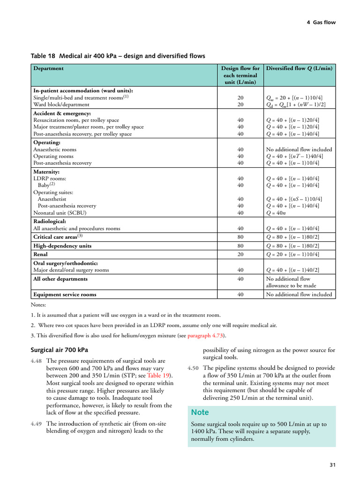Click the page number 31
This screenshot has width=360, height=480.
click(x=332, y=465)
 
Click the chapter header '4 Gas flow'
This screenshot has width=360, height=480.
click(x=321, y=22)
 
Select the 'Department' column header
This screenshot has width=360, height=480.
click(x=48, y=68)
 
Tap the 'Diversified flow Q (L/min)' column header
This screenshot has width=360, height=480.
click(x=299, y=68)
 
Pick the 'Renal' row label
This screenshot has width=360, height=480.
click(x=40, y=254)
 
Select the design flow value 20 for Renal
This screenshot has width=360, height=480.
click(x=240, y=254)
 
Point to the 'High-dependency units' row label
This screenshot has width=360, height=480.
click(x=62, y=246)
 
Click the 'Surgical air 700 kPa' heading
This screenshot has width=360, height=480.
click(x=59, y=350)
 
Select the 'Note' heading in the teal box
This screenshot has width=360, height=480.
click(x=200, y=412)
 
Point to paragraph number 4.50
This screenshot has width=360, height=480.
click(x=194, y=368)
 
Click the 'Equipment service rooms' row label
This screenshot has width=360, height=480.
click(x=65, y=294)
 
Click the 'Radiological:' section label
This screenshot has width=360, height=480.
click(x=50, y=221)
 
